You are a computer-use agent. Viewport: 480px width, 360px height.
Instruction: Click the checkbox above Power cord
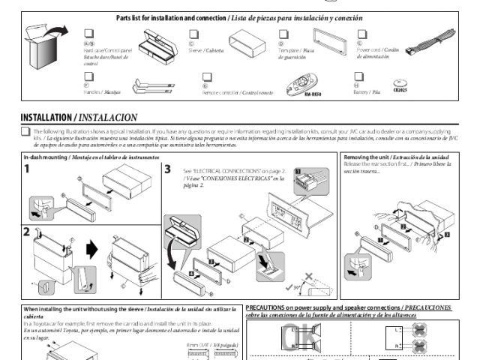[361, 34]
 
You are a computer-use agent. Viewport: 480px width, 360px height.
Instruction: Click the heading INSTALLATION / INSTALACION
[79, 118]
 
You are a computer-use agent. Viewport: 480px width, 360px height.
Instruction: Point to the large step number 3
[168, 169]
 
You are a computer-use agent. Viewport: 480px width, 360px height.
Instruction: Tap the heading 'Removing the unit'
[367, 157]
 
